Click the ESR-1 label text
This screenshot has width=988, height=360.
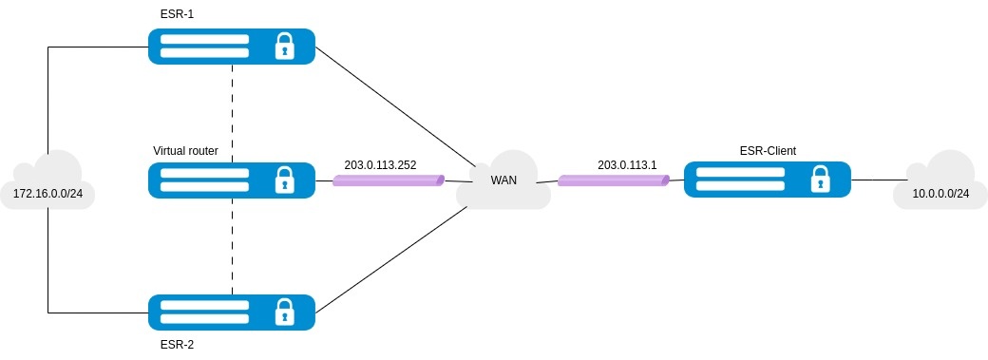point(177,13)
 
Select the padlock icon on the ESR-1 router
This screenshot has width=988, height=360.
point(285,46)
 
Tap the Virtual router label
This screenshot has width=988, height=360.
point(186,151)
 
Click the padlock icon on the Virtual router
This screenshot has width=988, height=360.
point(285,180)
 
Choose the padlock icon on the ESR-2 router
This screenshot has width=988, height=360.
point(285,313)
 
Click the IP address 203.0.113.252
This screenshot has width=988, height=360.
point(381,165)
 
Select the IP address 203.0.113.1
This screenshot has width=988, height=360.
point(628,165)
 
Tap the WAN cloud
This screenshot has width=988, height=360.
point(504,180)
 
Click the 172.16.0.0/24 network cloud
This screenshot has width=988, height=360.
point(48,182)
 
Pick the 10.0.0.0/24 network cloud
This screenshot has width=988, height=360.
point(940,182)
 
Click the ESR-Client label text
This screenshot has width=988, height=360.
point(768,151)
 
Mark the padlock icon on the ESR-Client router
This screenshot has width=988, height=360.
point(820,180)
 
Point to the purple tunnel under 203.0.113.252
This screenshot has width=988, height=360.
point(389,180)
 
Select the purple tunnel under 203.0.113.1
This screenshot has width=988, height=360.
point(614,180)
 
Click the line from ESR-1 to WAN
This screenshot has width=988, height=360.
point(394,106)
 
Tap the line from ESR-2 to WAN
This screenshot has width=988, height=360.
point(391,258)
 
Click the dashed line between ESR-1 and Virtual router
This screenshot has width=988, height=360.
point(233,113)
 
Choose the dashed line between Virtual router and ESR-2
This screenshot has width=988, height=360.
point(233,246)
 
